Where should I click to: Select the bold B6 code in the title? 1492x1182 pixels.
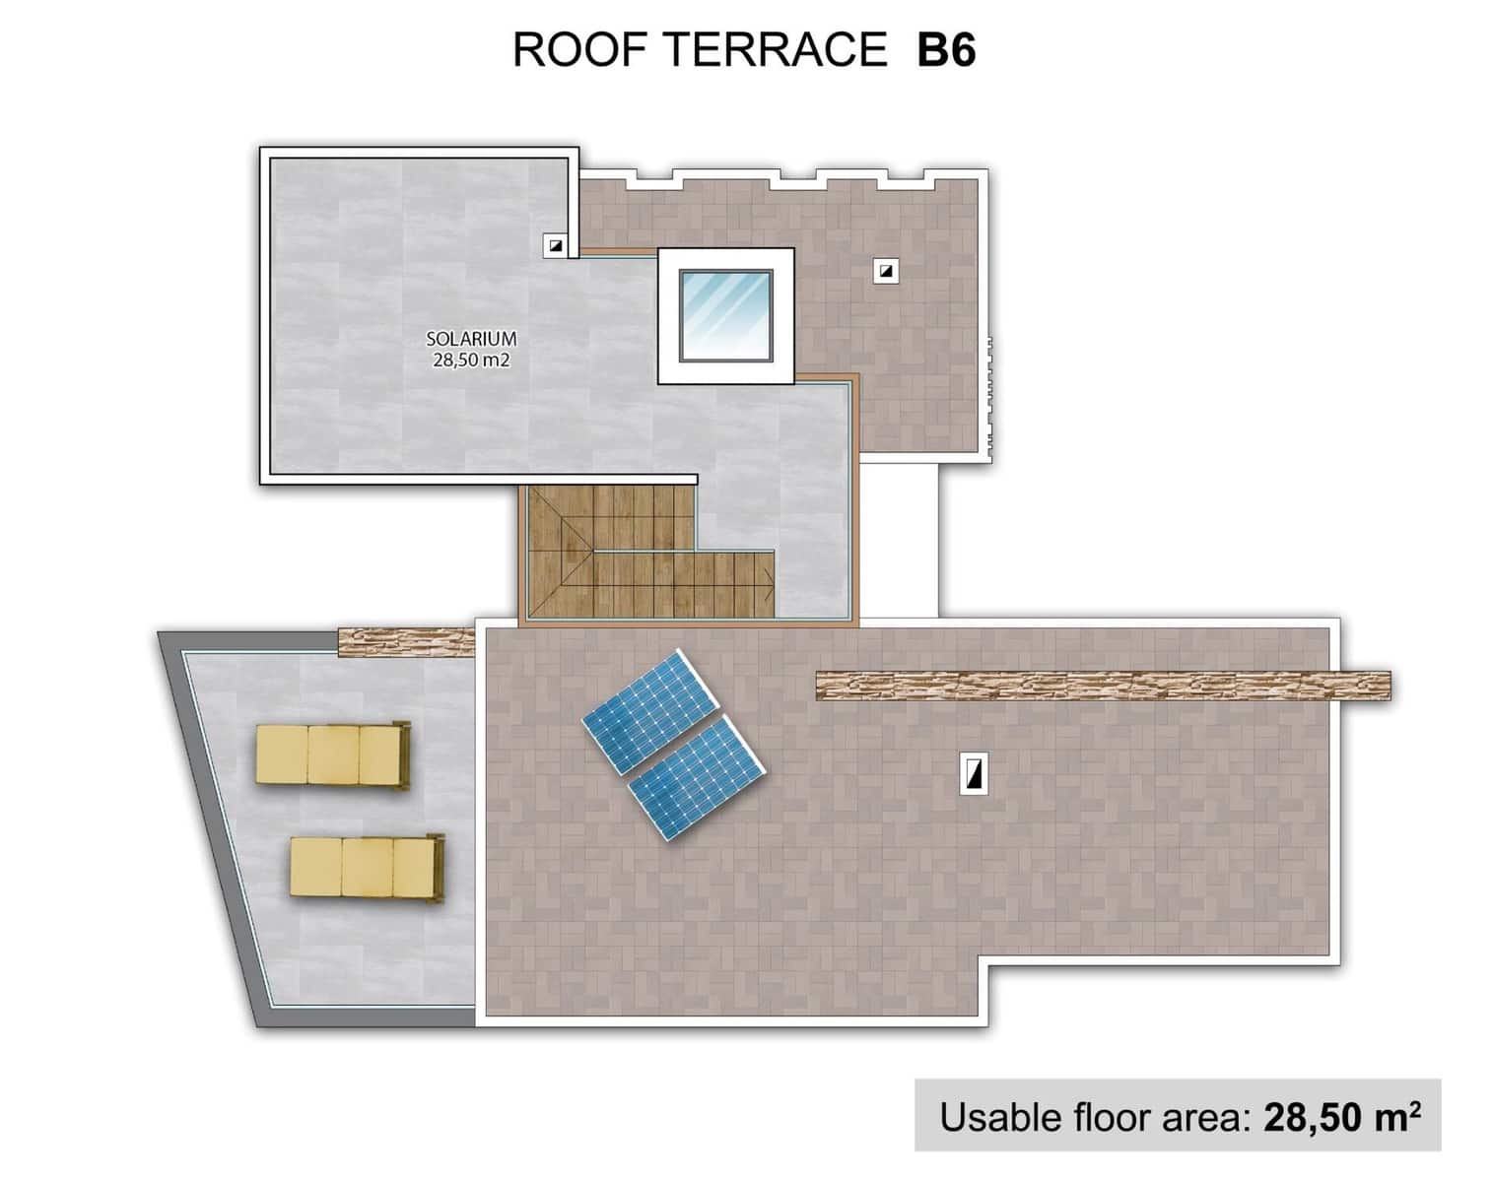(x=946, y=50)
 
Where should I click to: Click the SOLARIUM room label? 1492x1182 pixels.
(x=471, y=338)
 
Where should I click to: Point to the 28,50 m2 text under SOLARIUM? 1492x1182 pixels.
(x=471, y=361)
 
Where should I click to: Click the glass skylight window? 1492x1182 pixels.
(x=725, y=315)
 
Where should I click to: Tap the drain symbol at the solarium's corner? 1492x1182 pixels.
(x=556, y=245)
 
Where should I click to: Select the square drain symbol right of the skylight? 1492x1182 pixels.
(x=887, y=270)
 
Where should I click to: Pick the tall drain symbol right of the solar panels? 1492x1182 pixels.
(x=974, y=774)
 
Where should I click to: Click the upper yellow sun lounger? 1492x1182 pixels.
(x=331, y=755)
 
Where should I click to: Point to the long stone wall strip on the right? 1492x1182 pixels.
(x=1104, y=686)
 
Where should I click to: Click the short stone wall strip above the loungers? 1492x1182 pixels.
(x=406, y=642)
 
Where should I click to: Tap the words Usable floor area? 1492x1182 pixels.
(x=1094, y=1117)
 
